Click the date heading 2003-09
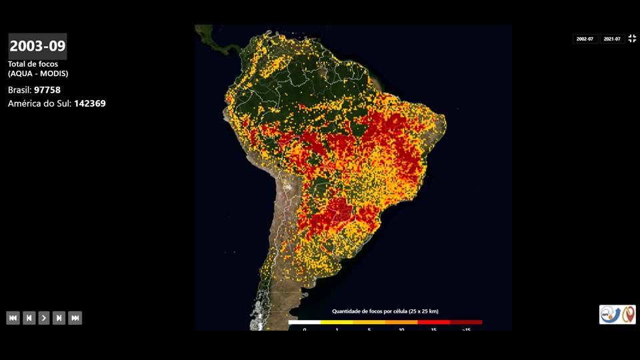click(x=37, y=46)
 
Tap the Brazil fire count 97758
click(x=47, y=89)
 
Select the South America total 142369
click(x=89, y=103)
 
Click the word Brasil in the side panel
click(x=19, y=89)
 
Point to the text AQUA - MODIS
click(x=38, y=73)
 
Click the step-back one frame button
click(x=29, y=318)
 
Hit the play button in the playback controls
click(x=44, y=318)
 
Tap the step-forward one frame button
click(x=59, y=318)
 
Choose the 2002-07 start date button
click(x=585, y=39)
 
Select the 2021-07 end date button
click(x=612, y=39)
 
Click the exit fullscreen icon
click(x=632, y=39)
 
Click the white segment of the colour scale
click(x=304, y=323)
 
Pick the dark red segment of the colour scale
click(x=466, y=323)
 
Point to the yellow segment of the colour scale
click(x=337, y=323)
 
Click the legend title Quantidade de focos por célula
click(x=385, y=311)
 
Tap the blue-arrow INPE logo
click(x=610, y=315)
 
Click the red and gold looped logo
click(x=629, y=315)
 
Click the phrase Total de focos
click(x=33, y=64)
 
